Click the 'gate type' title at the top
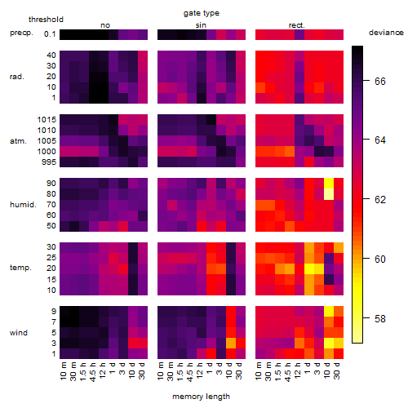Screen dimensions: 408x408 (202, 13)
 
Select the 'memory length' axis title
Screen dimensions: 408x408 (202, 397)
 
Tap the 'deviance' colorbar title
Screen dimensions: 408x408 (386, 33)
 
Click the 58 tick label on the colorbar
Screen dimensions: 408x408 (380, 318)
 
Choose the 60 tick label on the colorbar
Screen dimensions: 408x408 (380, 259)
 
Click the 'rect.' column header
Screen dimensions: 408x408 (297, 25)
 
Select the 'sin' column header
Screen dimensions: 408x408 (201, 25)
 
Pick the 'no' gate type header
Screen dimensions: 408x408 (105, 25)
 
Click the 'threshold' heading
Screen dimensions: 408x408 (46, 20)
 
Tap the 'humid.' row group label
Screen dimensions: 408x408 (23, 205)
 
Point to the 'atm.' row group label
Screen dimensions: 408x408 (18, 141)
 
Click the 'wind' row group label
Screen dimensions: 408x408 (19, 333)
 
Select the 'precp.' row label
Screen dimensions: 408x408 (21, 33)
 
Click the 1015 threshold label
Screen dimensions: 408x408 (47, 120)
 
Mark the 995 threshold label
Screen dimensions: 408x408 (49, 162)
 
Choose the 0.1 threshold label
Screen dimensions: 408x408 (50, 34)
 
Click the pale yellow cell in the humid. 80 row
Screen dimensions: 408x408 (329, 194)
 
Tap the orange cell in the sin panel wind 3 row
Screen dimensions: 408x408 (231, 343)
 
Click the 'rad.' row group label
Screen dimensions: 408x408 (17, 77)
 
